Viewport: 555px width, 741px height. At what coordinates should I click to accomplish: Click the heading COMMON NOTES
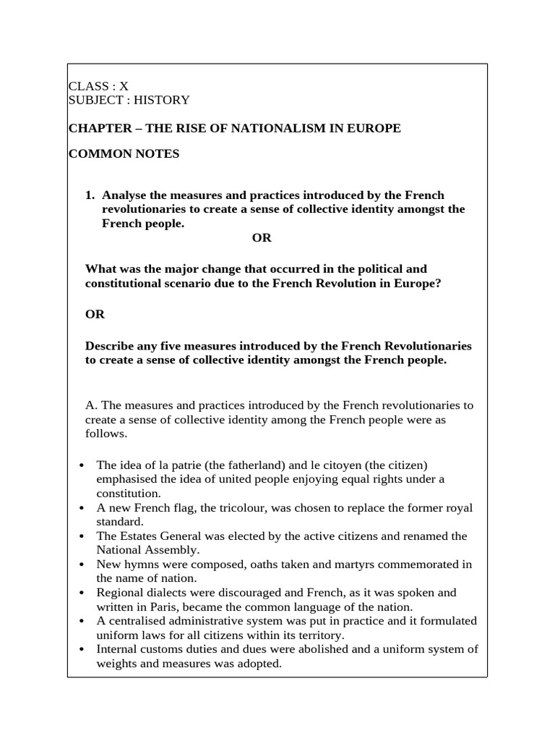pos(124,154)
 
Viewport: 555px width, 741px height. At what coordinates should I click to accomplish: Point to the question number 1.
pos(90,195)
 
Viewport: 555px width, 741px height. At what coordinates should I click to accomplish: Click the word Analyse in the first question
pos(125,195)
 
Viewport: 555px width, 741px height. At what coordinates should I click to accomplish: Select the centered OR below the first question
pos(262,238)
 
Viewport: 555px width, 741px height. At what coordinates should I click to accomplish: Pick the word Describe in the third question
pos(110,347)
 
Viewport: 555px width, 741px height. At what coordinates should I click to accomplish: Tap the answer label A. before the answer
pos(90,405)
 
